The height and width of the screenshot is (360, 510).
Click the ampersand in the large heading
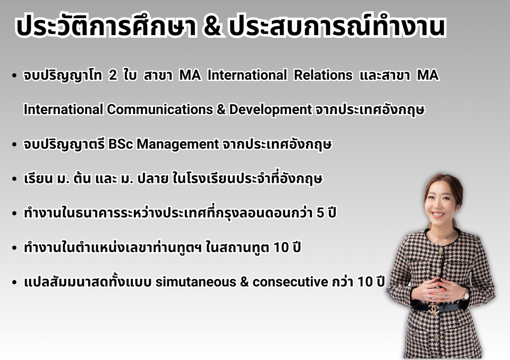pos(212,26)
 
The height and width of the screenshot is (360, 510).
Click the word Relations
pos(323,75)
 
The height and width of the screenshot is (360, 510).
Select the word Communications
pos(160,109)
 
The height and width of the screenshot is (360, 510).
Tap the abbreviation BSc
pos(121,144)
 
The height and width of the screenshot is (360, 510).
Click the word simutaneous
pos(196,282)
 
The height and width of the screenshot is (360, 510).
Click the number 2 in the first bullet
pos(113,75)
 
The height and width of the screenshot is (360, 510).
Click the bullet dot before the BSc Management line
pos(14,144)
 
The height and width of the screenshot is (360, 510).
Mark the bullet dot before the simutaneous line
pos(14,282)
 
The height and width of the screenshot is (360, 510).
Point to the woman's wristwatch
pos(466,295)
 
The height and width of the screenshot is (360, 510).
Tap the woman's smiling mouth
pos(438,215)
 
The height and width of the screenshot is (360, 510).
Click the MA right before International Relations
pos(190,75)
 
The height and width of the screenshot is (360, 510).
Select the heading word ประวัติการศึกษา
pos(106,25)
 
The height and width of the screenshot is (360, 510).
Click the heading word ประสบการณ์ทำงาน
pos(337,25)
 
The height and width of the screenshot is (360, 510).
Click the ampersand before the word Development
pos(221,109)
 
